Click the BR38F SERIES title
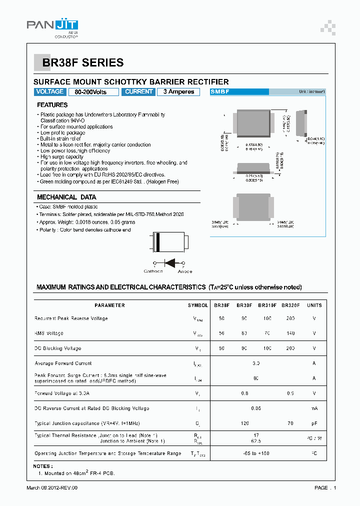click(x=82, y=62)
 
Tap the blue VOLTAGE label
click(x=50, y=92)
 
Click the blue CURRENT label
click(x=139, y=92)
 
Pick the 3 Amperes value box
click(x=178, y=92)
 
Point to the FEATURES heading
click(x=52, y=105)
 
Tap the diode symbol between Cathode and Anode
click(x=170, y=262)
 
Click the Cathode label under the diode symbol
click(x=153, y=271)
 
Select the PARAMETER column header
click(x=109, y=305)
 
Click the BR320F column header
click(x=290, y=305)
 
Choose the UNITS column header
click(x=314, y=305)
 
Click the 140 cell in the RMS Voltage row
click(x=290, y=333)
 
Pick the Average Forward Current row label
click(x=63, y=363)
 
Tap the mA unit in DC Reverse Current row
click(x=314, y=408)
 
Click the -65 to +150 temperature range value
click(x=255, y=453)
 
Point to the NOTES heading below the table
click(x=45, y=466)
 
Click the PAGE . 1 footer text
click(x=325, y=487)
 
